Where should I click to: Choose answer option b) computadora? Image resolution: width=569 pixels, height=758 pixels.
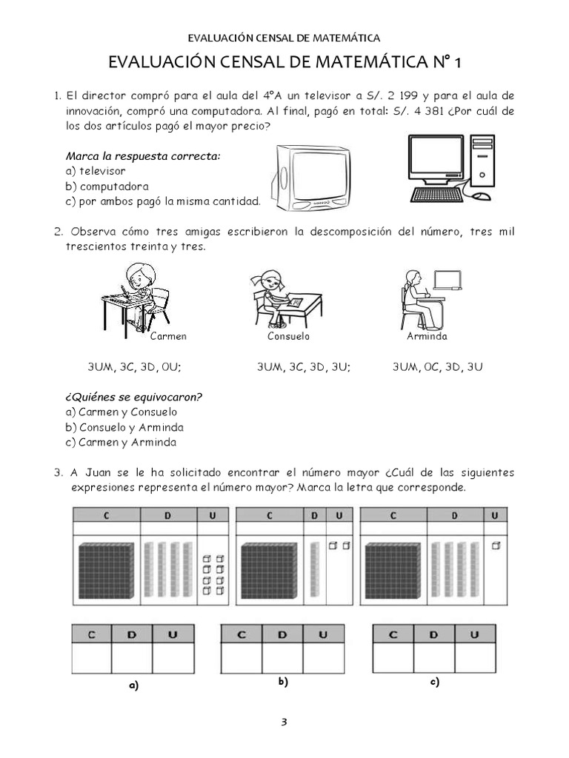(x=107, y=186)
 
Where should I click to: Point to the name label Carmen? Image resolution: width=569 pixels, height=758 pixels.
(x=168, y=337)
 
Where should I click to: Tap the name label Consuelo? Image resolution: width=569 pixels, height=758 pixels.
(x=288, y=337)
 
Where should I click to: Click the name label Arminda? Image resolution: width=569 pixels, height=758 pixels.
(x=427, y=337)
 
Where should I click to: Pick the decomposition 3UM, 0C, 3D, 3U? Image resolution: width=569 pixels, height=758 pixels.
(x=438, y=367)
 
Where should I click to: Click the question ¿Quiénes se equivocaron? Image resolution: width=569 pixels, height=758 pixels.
(x=134, y=397)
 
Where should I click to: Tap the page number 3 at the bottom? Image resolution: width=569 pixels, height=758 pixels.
(x=284, y=722)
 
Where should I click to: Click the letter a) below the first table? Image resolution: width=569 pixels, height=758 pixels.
(x=133, y=685)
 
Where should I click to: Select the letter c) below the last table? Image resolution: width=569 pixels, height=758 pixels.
(x=435, y=682)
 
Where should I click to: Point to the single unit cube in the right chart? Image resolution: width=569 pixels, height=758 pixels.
(x=496, y=546)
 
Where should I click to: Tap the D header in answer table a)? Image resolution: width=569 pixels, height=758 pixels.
(x=132, y=634)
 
